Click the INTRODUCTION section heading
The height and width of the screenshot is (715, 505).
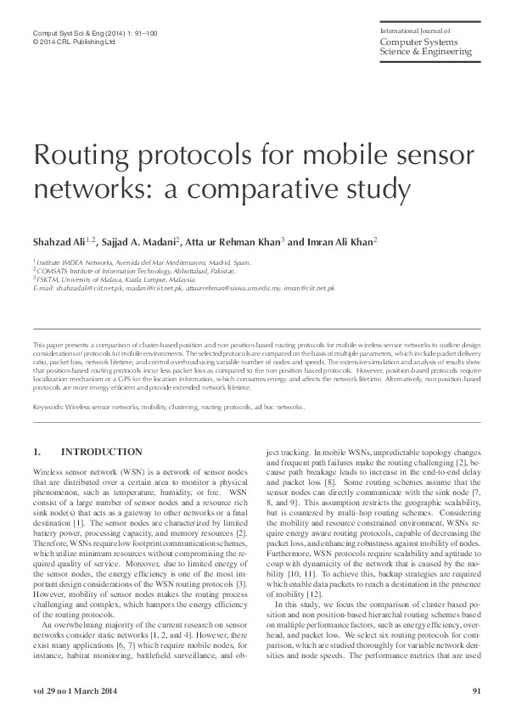pos(102,451)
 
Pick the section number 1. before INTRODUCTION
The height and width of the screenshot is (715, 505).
pos(36,451)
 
